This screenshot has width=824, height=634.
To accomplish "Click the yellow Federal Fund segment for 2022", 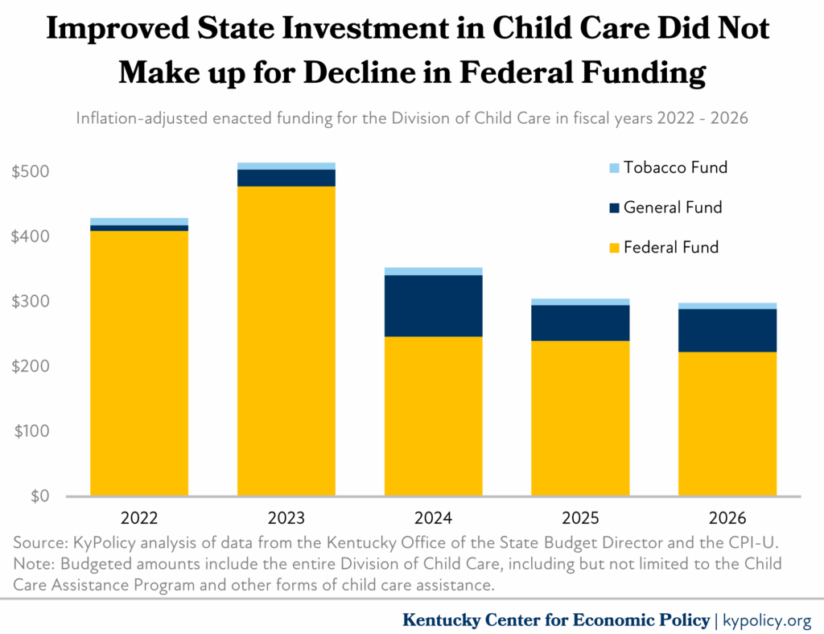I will click(x=139, y=363).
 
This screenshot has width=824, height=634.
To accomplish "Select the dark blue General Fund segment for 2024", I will click(x=433, y=306).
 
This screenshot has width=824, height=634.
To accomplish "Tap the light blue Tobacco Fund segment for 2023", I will click(x=286, y=166).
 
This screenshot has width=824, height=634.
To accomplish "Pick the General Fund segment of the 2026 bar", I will click(x=727, y=330).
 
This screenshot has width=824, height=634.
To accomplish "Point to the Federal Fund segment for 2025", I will click(x=580, y=418).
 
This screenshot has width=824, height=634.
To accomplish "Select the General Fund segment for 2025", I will click(x=580, y=323).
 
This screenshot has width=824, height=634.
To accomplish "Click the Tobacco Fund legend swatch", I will click(x=614, y=168).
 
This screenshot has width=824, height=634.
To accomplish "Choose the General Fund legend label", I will click(x=673, y=208).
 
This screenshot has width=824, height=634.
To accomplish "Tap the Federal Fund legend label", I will click(x=670, y=247).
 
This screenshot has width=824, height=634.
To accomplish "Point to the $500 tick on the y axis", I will click(x=31, y=172).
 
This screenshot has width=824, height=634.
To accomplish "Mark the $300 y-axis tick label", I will click(x=31, y=302).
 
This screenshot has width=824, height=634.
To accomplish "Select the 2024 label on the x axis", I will click(x=433, y=517).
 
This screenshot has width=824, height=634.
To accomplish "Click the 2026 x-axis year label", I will click(x=727, y=517).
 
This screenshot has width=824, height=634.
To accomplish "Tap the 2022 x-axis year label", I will click(x=139, y=517).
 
